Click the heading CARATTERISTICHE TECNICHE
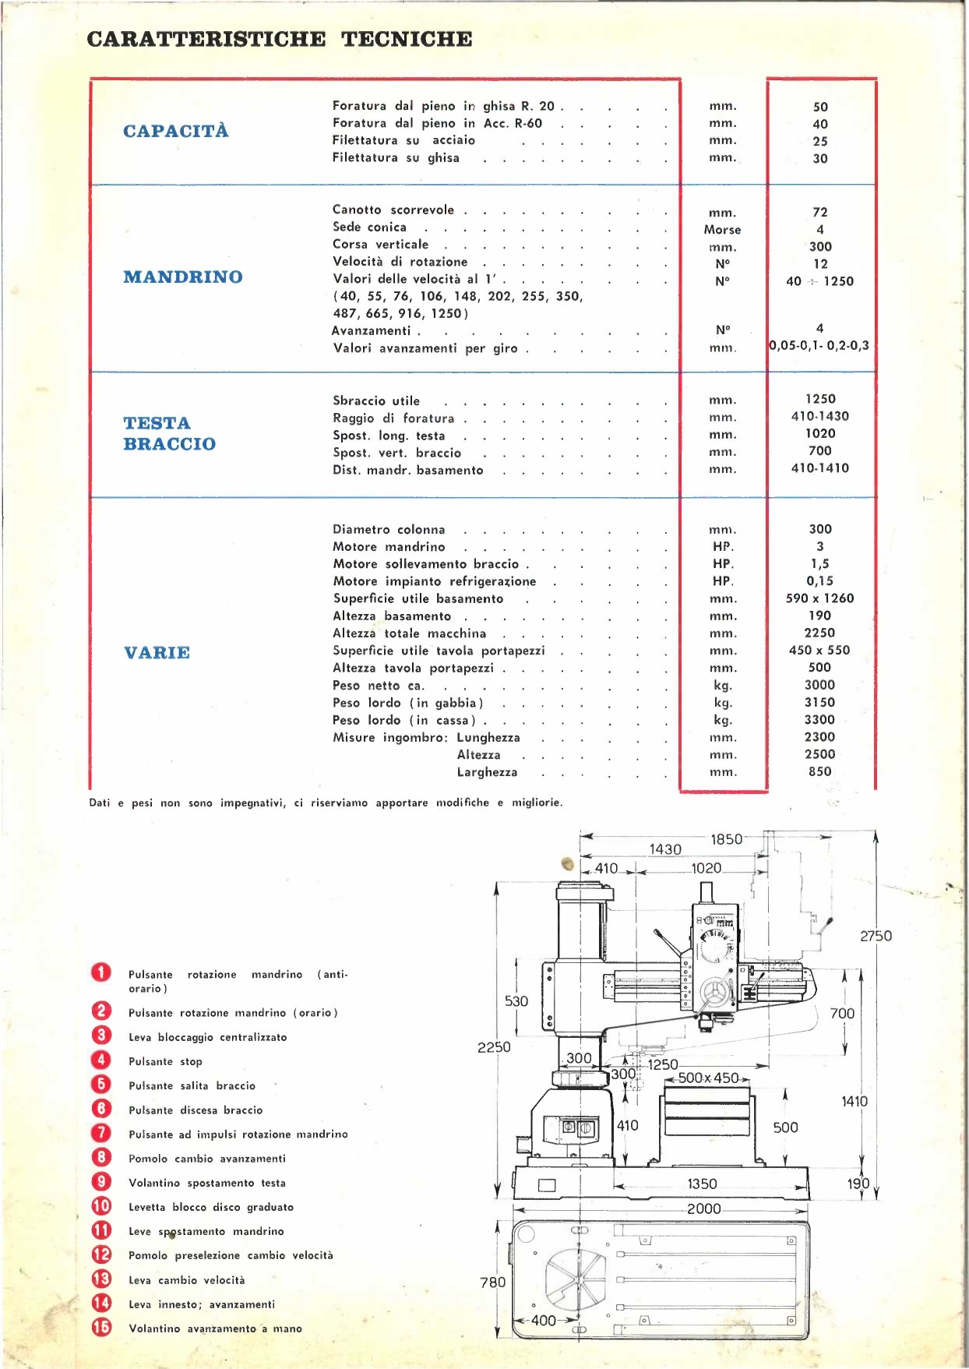pos(280,39)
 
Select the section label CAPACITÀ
pos(176,131)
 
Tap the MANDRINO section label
pos(183,277)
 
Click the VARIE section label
pos(157,652)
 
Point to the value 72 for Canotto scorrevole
pos(820,212)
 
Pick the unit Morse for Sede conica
pos(722,230)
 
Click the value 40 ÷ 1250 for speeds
pos(819,281)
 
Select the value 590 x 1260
pos(819,598)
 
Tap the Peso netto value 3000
pos(819,685)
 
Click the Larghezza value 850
pos(819,771)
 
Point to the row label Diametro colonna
pos(389,530)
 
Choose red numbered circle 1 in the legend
pos(101,972)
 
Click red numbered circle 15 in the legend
pos(101,1327)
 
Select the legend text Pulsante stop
pos(165,1061)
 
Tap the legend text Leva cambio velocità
pos(186,1280)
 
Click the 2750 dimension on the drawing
pos(876,936)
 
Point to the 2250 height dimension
pos(494,1047)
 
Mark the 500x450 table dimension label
pos(708,1078)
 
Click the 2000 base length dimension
pos(703,1208)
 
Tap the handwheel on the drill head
pos(714,993)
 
